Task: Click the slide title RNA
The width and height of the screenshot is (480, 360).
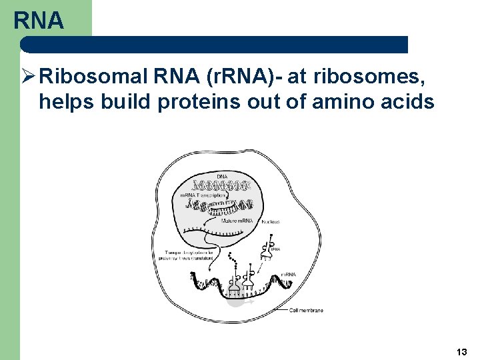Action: click(39, 21)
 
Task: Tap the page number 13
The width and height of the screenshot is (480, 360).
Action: click(461, 351)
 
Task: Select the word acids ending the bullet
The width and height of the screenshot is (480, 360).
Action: click(409, 102)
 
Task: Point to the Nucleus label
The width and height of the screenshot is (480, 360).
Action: click(271, 221)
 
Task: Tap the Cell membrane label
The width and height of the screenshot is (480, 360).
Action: click(306, 310)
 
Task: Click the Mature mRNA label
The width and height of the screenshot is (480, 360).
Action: click(237, 219)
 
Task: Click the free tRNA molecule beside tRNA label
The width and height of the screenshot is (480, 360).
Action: click(267, 249)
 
